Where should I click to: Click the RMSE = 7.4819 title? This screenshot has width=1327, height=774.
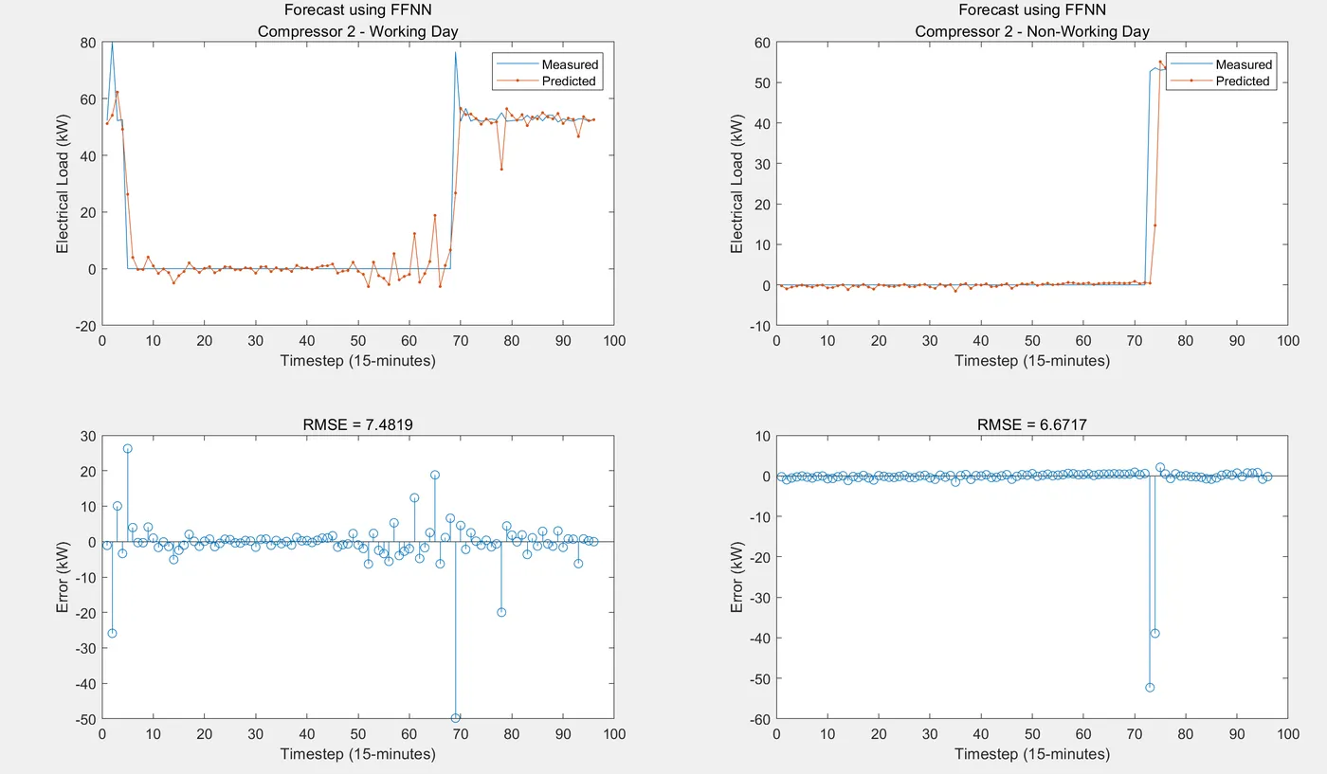tap(358, 425)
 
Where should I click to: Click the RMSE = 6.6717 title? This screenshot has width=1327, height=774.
tap(1032, 425)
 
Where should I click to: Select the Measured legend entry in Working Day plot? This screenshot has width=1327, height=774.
tap(569, 64)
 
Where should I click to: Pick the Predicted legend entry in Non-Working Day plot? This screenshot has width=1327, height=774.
tap(1242, 81)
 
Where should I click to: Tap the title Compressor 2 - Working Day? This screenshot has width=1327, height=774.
tap(358, 31)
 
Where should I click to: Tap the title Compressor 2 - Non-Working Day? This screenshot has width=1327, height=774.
tap(1032, 31)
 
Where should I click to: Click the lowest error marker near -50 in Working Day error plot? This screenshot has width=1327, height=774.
tap(455, 718)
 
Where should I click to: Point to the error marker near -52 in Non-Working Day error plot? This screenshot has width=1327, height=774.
tap(1150, 687)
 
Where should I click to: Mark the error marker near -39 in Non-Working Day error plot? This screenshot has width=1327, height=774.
tap(1155, 633)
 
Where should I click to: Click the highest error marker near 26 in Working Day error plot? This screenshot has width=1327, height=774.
tap(128, 448)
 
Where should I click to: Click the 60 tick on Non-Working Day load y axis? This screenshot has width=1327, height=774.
tap(760, 43)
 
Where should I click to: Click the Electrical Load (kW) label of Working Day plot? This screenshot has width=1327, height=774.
tap(63, 184)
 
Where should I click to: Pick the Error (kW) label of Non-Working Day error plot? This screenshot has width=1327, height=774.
tap(737, 577)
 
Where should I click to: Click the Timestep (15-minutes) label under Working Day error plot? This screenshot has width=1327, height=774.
tap(358, 754)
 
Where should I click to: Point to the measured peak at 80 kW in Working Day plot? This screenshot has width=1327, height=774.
tap(112, 44)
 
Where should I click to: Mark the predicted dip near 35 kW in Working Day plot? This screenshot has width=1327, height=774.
tap(501, 169)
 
